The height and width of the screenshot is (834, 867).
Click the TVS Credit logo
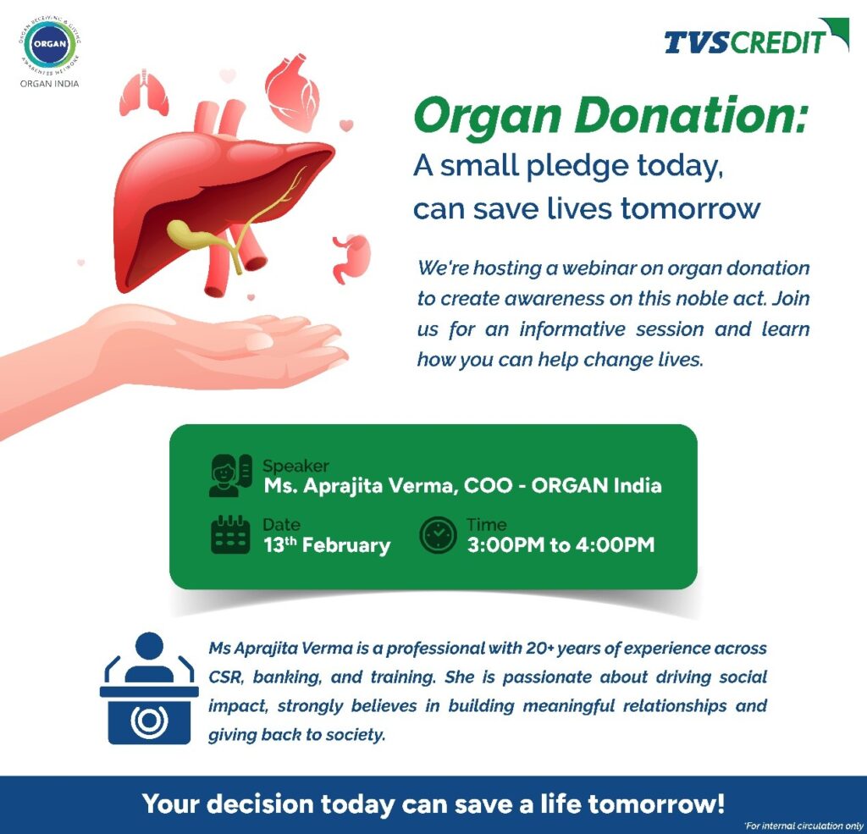(756, 36)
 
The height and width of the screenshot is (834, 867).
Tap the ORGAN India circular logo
(50, 44)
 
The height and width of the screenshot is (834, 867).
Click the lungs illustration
(144, 93)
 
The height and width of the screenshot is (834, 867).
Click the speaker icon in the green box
(230, 475)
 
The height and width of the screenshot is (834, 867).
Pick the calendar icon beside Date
(230, 534)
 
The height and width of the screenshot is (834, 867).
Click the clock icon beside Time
(438, 535)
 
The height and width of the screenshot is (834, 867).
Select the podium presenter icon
(149, 688)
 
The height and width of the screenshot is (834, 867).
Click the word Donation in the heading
(691, 117)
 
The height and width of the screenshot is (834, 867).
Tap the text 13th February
(327, 544)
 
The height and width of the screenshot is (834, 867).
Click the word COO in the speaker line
(489, 485)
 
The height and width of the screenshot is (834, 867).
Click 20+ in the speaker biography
(539, 649)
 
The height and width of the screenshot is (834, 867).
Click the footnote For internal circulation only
(803, 826)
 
